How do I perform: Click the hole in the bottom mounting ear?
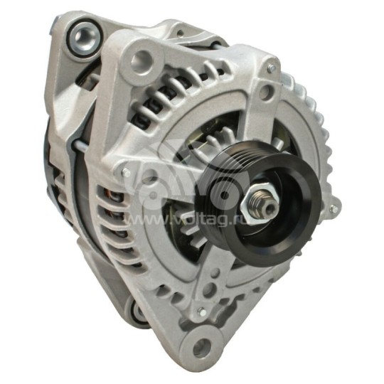(203, 348)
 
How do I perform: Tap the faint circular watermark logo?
(171, 171)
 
